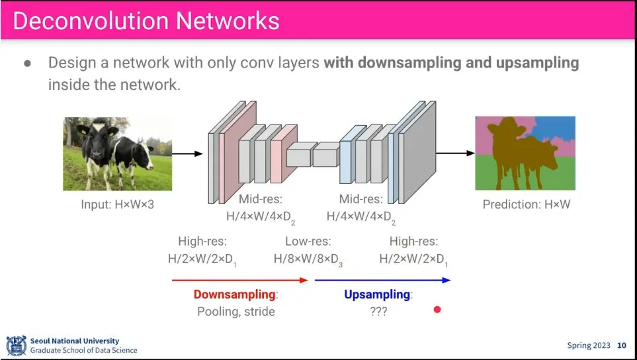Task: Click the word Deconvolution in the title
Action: click(x=89, y=21)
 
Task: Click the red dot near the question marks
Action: click(x=437, y=309)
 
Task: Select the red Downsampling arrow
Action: click(x=239, y=280)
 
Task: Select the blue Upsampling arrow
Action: click(x=382, y=280)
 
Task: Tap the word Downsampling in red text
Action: click(x=234, y=294)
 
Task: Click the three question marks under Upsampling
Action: click(x=378, y=311)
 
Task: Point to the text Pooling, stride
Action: click(x=236, y=311)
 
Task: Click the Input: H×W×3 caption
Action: click(x=117, y=204)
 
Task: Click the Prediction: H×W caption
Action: click(x=526, y=204)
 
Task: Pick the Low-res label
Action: click(x=308, y=242)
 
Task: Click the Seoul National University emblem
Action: click(x=16, y=345)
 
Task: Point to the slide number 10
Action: click(x=621, y=345)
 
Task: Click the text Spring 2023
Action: click(x=589, y=345)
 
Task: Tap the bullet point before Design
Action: click(x=28, y=64)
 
